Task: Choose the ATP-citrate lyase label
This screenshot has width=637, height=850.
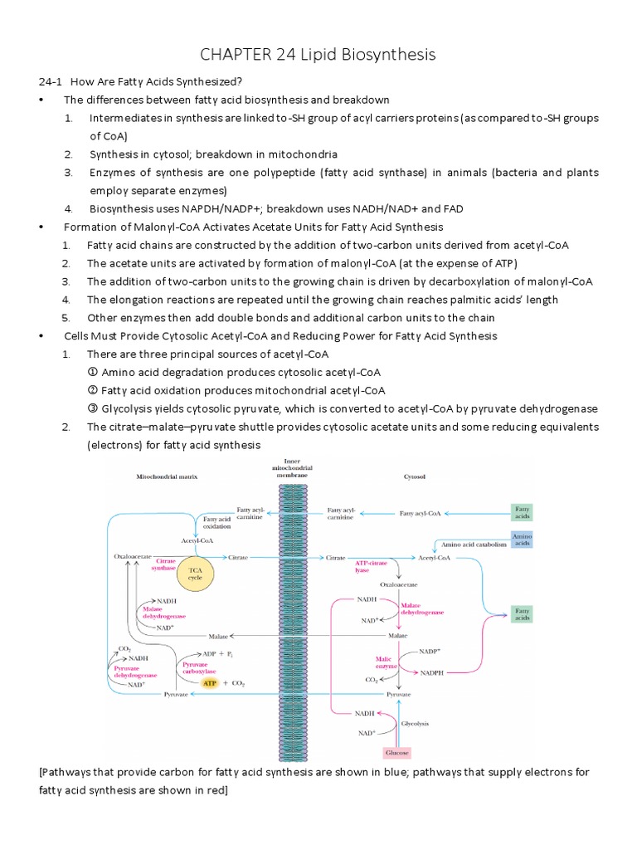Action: [x=372, y=567]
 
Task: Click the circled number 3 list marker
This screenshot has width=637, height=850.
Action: [x=93, y=408]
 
